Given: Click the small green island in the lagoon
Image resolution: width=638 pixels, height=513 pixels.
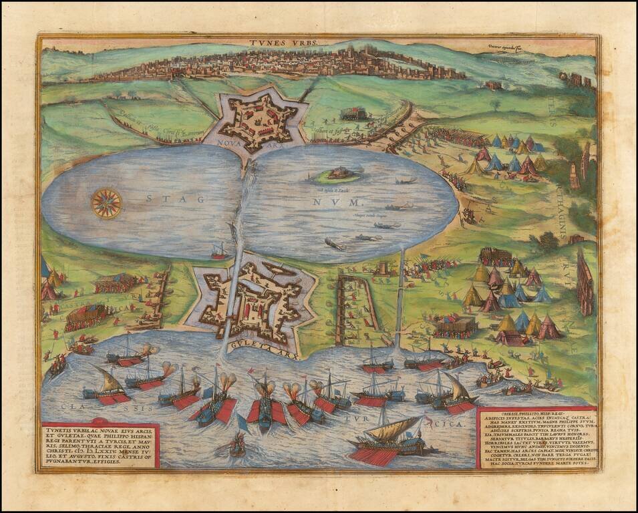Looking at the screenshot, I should [x=337, y=175].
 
